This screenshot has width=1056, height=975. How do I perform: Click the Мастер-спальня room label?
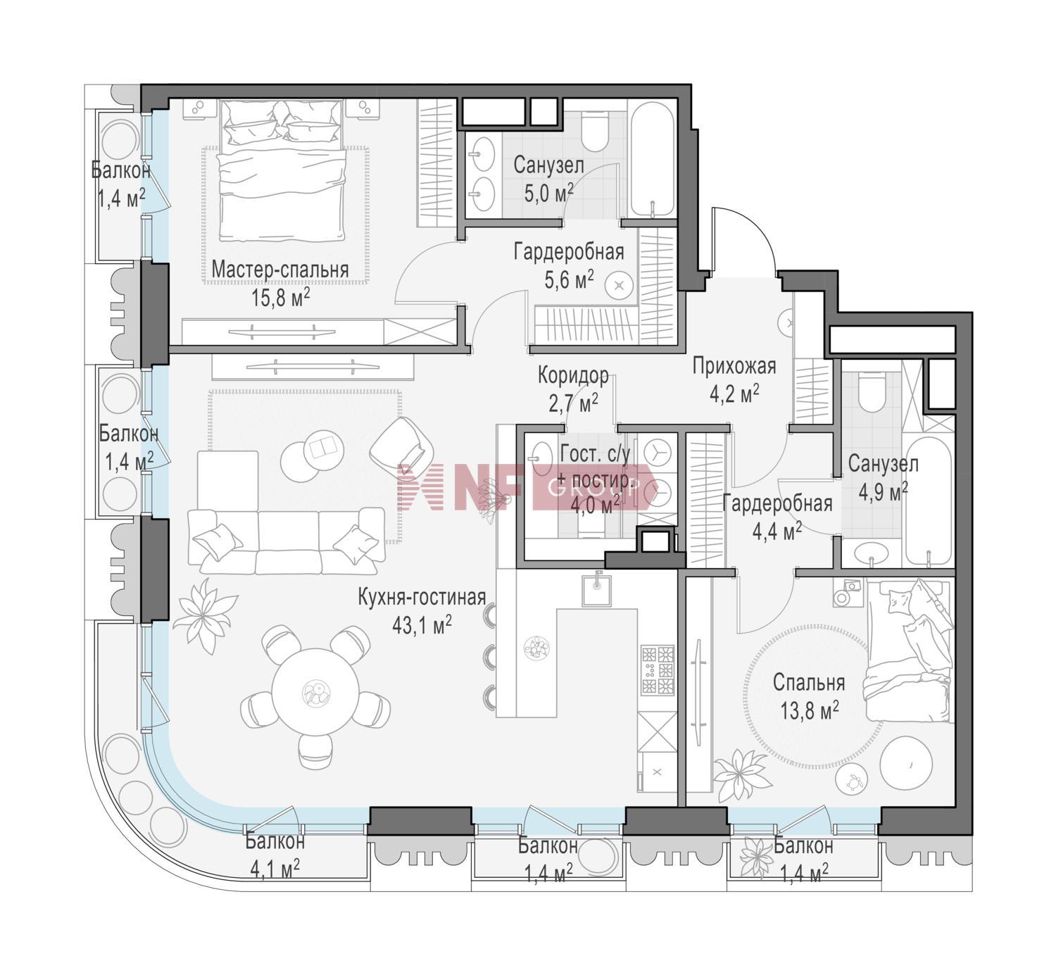coord(279,269)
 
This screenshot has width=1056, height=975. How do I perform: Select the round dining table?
coord(315,691)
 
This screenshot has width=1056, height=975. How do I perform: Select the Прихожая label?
coord(734,366)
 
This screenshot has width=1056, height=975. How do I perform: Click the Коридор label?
coord(573,375)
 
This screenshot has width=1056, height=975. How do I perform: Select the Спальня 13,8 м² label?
coord(809,696)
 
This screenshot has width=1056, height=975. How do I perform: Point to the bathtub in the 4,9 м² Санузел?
coord(929,501)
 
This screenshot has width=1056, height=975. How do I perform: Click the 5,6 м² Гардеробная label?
coord(569,265)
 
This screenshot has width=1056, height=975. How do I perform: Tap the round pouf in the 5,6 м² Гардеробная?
coord(620,287)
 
